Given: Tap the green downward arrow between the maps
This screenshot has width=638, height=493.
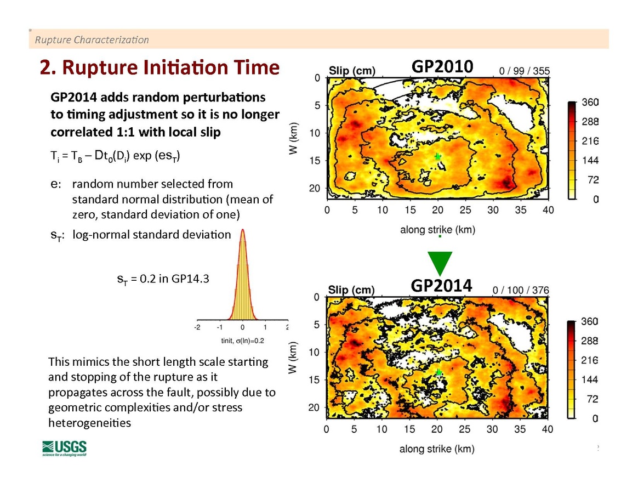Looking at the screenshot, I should [440, 263].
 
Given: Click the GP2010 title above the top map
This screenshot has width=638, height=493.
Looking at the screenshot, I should [442, 66].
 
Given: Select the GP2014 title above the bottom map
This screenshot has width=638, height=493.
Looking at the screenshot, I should [441, 285].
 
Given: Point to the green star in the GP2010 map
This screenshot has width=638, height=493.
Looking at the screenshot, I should [438, 156].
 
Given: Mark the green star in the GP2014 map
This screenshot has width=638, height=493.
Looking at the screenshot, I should [438, 372].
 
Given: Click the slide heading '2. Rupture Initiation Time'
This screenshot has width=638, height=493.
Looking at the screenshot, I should [160, 67].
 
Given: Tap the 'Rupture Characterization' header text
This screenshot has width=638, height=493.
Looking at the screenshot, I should [92, 40].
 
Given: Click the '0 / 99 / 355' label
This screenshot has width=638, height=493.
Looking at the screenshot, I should [525, 71].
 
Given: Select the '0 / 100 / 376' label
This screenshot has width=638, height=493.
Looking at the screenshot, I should [521, 290].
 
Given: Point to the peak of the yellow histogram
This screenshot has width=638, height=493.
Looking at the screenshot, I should [243, 231].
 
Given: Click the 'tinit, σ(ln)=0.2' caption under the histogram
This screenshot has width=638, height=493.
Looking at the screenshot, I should [242, 341].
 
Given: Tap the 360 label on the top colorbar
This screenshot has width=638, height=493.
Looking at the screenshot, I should [590, 103].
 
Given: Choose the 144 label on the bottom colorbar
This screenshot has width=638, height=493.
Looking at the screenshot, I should [590, 379].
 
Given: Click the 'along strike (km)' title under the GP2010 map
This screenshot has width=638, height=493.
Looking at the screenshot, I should [437, 230].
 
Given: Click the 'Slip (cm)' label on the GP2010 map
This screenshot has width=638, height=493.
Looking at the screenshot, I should [352, 71].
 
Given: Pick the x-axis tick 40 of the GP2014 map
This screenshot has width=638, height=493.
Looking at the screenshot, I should [548, 429].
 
